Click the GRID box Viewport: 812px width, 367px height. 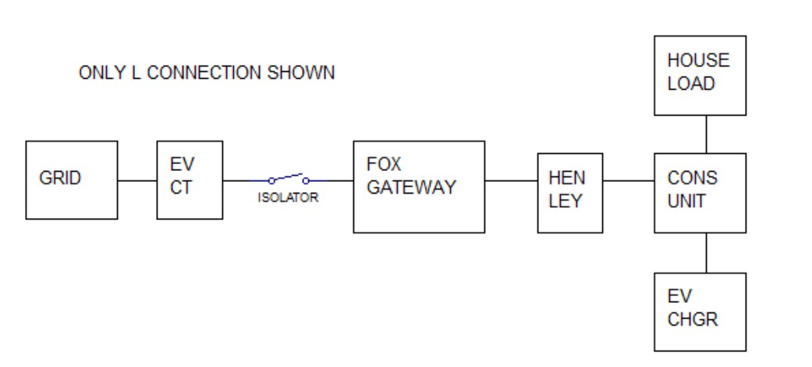coord(72,180)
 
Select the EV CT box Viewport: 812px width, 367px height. coord(190,180)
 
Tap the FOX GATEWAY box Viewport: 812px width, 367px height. coord(419,187)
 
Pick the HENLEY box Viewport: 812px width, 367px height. coord(570,193)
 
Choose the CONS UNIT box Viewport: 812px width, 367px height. coord(700,193)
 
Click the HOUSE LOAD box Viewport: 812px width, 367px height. coord(700,76)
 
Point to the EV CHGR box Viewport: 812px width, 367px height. coord(700,312)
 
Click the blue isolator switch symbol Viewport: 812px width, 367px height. coord(289,179)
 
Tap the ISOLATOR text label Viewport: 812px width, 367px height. coord(289,198)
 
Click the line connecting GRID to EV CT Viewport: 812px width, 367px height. coord(137,181)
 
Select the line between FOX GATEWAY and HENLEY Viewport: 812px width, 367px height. coord(511,181)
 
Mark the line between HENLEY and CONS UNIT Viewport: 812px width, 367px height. coord(629,181)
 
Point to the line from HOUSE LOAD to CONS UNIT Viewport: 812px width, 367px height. coord(707,134)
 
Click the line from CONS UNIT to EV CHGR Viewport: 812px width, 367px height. coord(707,253)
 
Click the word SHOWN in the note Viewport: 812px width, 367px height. coord(301,73)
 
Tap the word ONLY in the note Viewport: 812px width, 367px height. coord(102,73)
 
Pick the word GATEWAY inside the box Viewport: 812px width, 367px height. coord(411,187)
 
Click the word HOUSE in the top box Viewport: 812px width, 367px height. coord(698,60)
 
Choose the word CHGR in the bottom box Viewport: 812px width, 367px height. coord(693,319)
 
